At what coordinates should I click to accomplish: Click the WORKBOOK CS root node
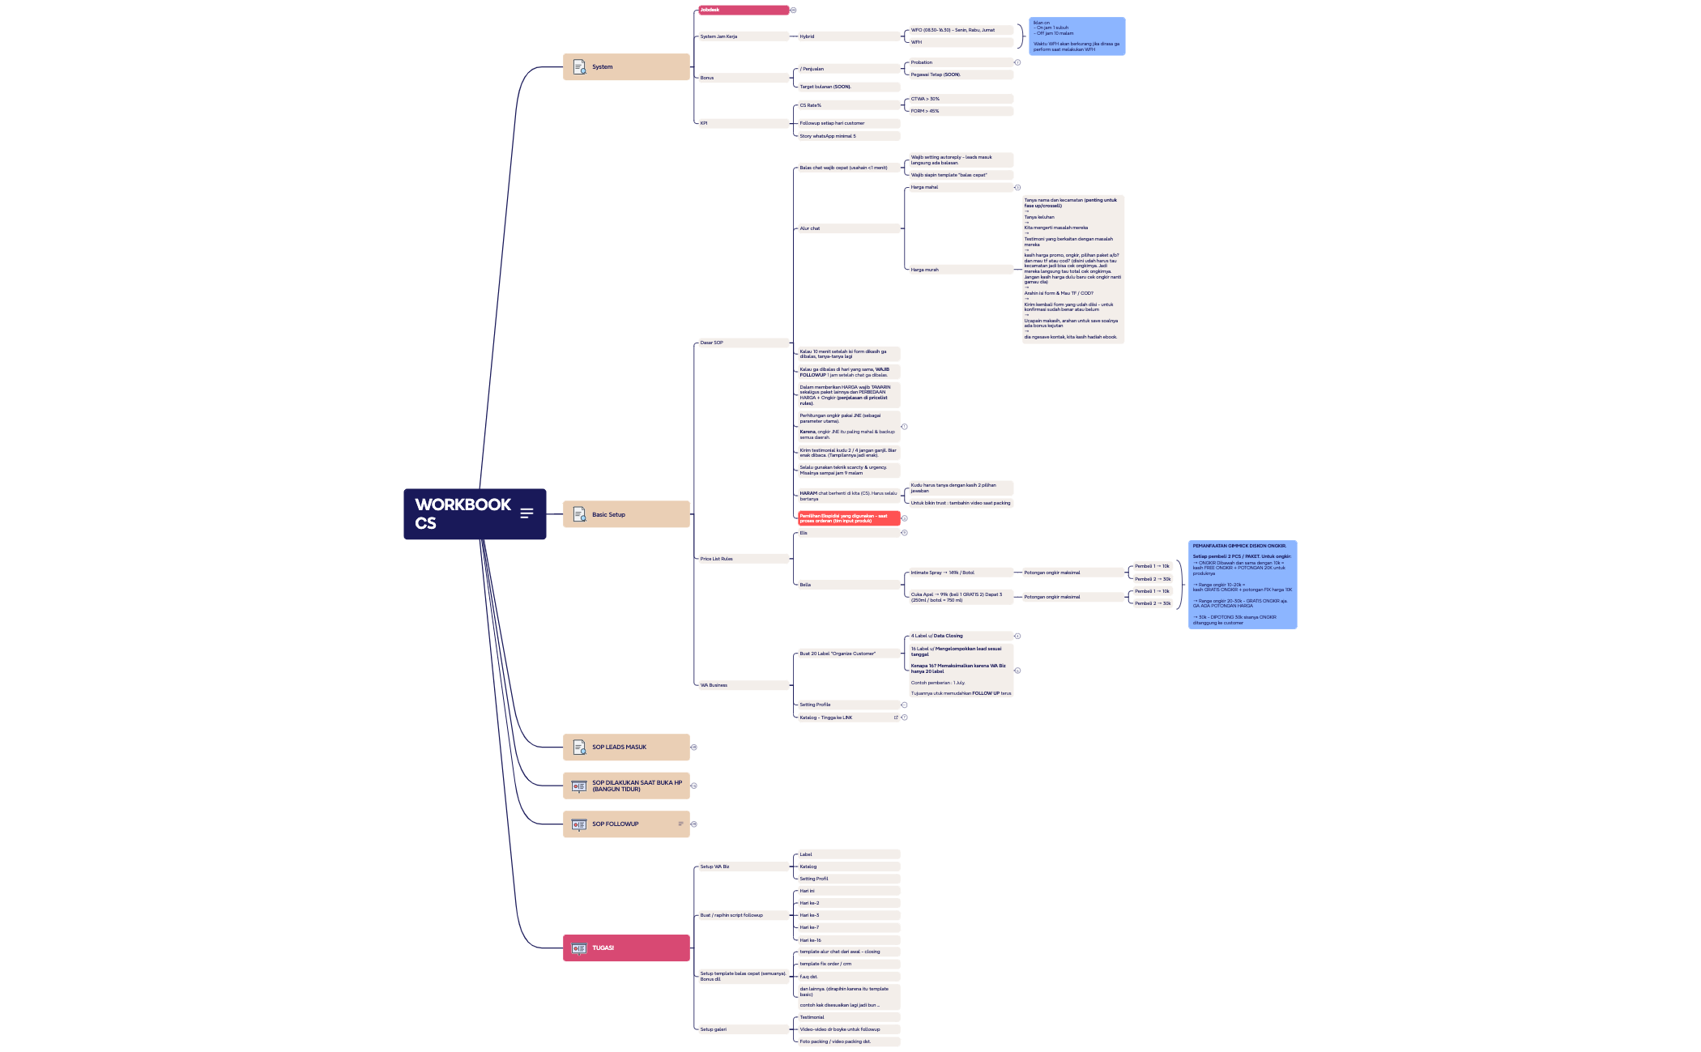(x=463, y=513)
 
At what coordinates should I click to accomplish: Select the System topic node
(x=625, y=67)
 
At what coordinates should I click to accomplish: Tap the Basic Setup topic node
(x=625, y=514)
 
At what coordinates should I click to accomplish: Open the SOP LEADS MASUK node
(x=625, y=747)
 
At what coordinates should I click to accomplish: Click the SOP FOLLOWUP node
(x=625, y=824)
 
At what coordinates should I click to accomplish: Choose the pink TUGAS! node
(x=625, y=948)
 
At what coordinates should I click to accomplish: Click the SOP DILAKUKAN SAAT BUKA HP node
(x=625, y=786)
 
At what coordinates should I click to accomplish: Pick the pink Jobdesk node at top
(x=743, y=10)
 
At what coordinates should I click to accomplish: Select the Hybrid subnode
(x=847, y=36)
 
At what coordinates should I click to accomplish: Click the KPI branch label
(x=742, y=123)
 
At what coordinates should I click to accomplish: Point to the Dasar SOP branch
(x=742, y=343)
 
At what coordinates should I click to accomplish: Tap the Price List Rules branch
(x=742, y=559)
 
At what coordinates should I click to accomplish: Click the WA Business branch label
(x=742, y=685)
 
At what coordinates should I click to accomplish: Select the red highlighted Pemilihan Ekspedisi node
(x=848, y=518)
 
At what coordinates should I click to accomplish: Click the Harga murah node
(x=959, y=270)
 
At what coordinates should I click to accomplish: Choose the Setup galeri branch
(x=742, y=1029)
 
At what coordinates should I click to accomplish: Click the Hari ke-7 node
(x=847, y=927)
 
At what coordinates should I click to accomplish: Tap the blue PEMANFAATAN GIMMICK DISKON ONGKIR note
(x=1242, y=584)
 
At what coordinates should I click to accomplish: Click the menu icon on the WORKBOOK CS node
(x=526, y=513)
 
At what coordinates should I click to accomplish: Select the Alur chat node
(x=847, y=228)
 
